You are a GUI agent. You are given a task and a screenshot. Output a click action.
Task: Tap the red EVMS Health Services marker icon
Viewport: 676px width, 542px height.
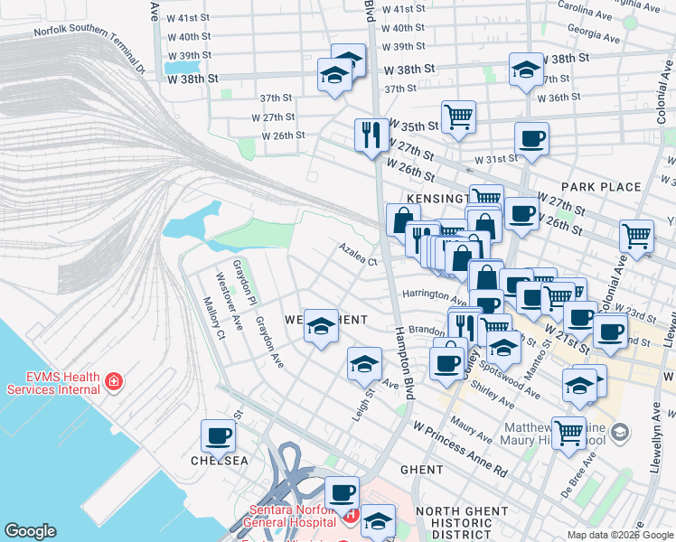[113, 381]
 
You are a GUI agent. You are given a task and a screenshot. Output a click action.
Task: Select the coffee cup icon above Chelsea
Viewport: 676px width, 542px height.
[218, 436]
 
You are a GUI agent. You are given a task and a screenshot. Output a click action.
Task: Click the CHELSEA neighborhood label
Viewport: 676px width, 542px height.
[219, 461]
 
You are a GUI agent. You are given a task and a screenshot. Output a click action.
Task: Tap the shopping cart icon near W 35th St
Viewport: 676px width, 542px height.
[458, 117]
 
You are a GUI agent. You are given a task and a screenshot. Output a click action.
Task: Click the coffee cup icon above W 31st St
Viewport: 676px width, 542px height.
[531, 139]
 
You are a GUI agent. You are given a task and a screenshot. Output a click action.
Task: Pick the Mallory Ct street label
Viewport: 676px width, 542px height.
[213, 316]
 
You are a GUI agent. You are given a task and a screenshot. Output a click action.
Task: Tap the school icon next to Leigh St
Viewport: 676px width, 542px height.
[364, 364]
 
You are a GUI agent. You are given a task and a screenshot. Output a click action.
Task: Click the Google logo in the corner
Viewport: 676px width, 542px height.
[30, 531]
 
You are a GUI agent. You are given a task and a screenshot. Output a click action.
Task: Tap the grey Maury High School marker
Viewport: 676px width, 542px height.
[619, 434]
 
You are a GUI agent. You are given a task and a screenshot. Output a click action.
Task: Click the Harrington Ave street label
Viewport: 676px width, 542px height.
[434, 294]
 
